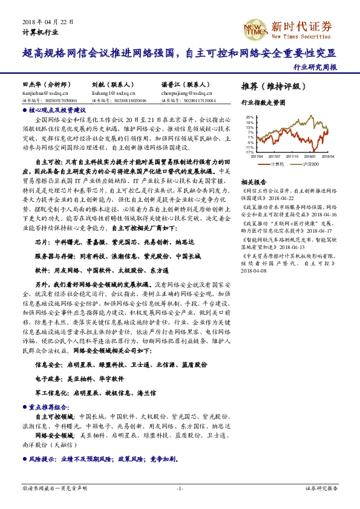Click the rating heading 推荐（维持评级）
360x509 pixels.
pyautogui.click(x=270, y=86)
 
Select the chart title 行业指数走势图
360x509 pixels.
pyautogui.click(x=263, y=103)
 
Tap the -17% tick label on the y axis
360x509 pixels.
pyautogui.click(x=249, y=152)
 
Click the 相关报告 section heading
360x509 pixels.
pyautogui.click(x=254, y=181)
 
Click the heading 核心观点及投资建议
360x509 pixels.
pyautogui.click(x=57, y=111)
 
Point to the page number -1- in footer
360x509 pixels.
pyautogui.click(x=180, y=487)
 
